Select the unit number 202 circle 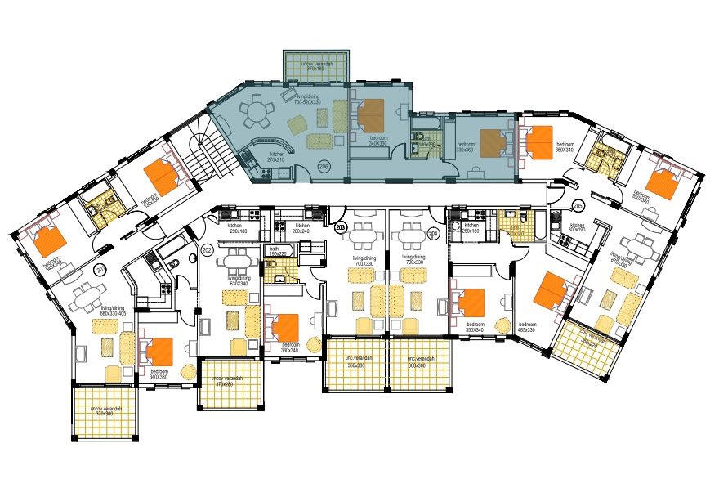pyautogui.click(x=207, y=250)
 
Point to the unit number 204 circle pyautogui.click(x=433, y=233)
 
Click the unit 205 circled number pyautogui.click(x=578, y=205)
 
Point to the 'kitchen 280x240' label pyautogui.click(x=302, y=228)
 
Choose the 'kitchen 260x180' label pyautogui.click(x=471, y=228)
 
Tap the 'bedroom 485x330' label pyautogui.click(x=526, y=327)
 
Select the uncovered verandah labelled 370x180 pyautogui.click(x=315, y=65)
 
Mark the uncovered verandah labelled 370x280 pyautogui.click(x=227, y=381)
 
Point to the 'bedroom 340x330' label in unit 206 pyautogui.click(x=378, y=140)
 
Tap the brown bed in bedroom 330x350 pyautogui.click(x=493, y=143)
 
